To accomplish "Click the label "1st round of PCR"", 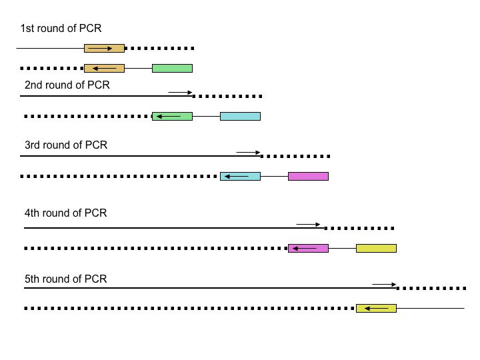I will pyautogui.click(x=61, y=29).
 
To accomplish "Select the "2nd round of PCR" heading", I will pyautogui.click(x=67, y=85).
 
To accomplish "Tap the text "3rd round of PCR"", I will pyautogui.click(x=65, y=145).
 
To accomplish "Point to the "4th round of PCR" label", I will pyautogui.click(x=65, y=213).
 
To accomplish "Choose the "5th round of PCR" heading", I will pyautogui.click(x=65, y=279).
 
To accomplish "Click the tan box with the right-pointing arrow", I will pyautogui.click(x=104, y=48).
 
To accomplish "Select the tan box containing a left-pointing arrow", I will pyautogui.click(x=104, y=68).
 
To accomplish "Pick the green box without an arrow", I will pyautogui.click(x=172, y=68).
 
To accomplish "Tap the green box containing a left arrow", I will pyautogui.click(x=172, y=116).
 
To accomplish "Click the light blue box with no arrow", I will pyautogui.click(x=240, y=116).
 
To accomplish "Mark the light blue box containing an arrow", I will pyautogui.click(x=240, y=176).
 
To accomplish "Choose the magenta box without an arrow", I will pyautogui.click(x=308, y=176).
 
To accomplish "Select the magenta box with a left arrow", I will pyautogui.click(x=308, y=248).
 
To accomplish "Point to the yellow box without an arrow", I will pyautogui.click(x=376, y=248).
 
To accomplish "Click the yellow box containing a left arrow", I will pyautogui.click(x=376, y=308).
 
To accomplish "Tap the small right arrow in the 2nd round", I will pyautogui.click(x=180, y=92).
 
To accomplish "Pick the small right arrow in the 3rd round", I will pyautogui.click(x=248, y=153).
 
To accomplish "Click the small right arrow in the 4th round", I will pyautogui.click(x=309, y=225).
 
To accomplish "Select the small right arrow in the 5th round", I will pyautogui.click(x=384, y=285).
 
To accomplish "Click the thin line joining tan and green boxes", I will pyautogui.click(x=138, y=68).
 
